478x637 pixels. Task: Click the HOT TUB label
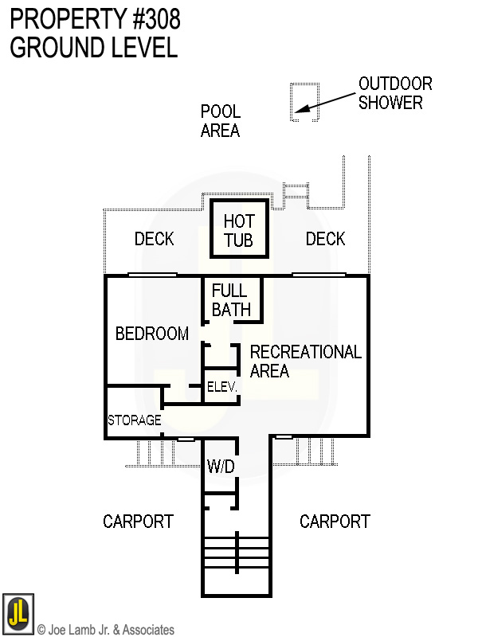[239, 230]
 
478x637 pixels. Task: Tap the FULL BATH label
[231, 300]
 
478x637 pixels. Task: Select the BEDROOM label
[152, 334]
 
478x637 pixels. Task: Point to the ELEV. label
[221, 388]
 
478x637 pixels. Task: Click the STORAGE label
[135, 420]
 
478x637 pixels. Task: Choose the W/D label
[221, 467]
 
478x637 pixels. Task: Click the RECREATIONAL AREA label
[305, 361]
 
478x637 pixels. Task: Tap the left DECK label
[154, 239]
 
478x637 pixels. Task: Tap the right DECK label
[325, 239]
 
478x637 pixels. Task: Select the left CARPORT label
[138, 522]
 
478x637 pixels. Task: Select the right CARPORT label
[335, 522]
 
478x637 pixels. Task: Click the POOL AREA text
[221, 121]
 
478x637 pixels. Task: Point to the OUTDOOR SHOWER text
[394, 93]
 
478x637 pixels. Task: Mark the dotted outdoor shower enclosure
[304, 102]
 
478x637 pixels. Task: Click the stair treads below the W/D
[236, 551]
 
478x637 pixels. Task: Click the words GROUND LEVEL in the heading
[93, 48]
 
